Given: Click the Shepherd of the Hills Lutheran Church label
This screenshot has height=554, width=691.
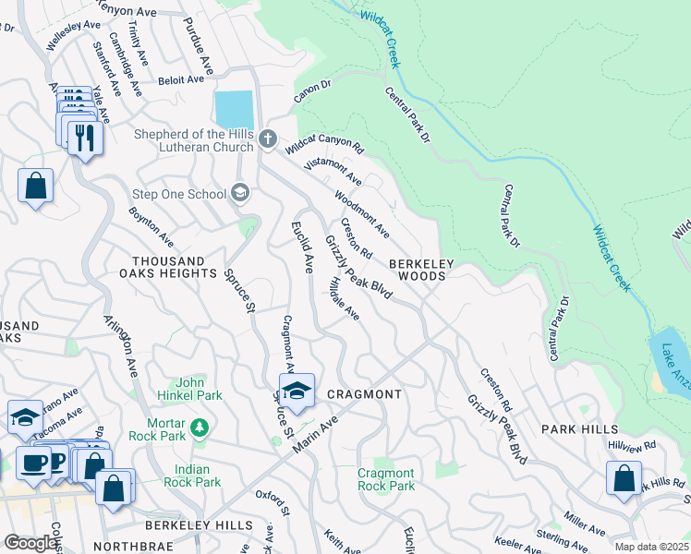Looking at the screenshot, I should pos(193,139).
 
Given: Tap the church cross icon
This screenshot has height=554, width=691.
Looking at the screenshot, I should pos(268,139).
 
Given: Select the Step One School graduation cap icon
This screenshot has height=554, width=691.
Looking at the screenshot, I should pos(240,192).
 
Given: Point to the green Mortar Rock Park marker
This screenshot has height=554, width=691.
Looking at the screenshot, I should pos(197,427).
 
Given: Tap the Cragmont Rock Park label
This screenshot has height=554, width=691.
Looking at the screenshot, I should pos(386,479).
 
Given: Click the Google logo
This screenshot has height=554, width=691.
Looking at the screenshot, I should pos(30,543).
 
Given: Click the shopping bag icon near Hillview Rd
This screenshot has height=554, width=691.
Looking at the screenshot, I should pos(624,479).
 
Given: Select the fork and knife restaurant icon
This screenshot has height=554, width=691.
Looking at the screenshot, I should pos(85,138).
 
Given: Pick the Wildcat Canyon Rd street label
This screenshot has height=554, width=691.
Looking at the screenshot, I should pos(324,143).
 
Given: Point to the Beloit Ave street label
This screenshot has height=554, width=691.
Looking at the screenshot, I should pos(181,79).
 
